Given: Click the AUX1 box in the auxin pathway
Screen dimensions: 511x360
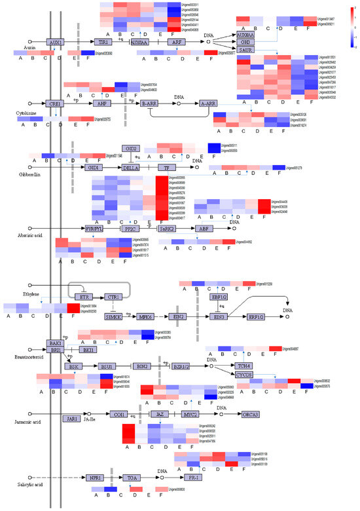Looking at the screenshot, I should pos(55,42).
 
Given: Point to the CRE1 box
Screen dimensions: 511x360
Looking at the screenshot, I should pos(55,104).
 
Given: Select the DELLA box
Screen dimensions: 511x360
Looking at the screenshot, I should pos(133,168).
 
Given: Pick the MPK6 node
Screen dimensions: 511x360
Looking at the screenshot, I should pos(145,317).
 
